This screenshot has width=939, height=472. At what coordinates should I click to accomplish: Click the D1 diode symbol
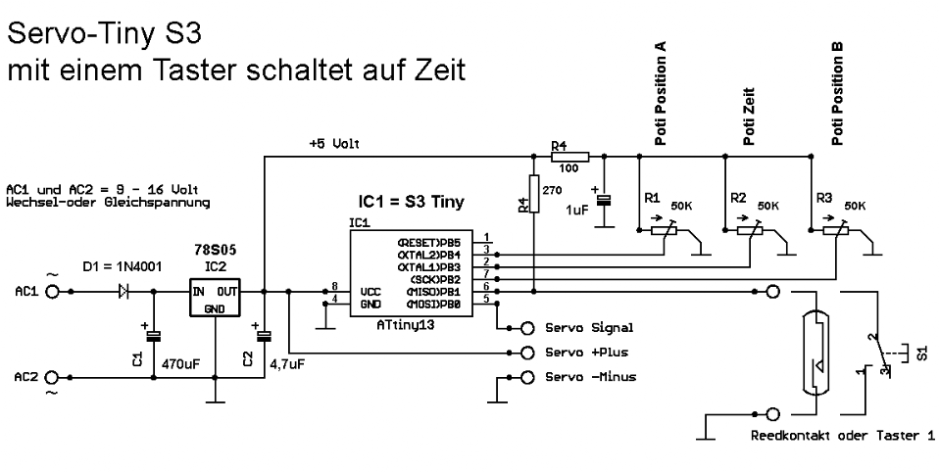coord(125,292)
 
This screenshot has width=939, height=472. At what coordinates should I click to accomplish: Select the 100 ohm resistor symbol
coord(568,155)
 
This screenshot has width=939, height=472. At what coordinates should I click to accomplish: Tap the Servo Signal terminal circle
coord(528,328)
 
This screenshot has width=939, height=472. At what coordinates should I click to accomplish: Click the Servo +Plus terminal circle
coord(528,353)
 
